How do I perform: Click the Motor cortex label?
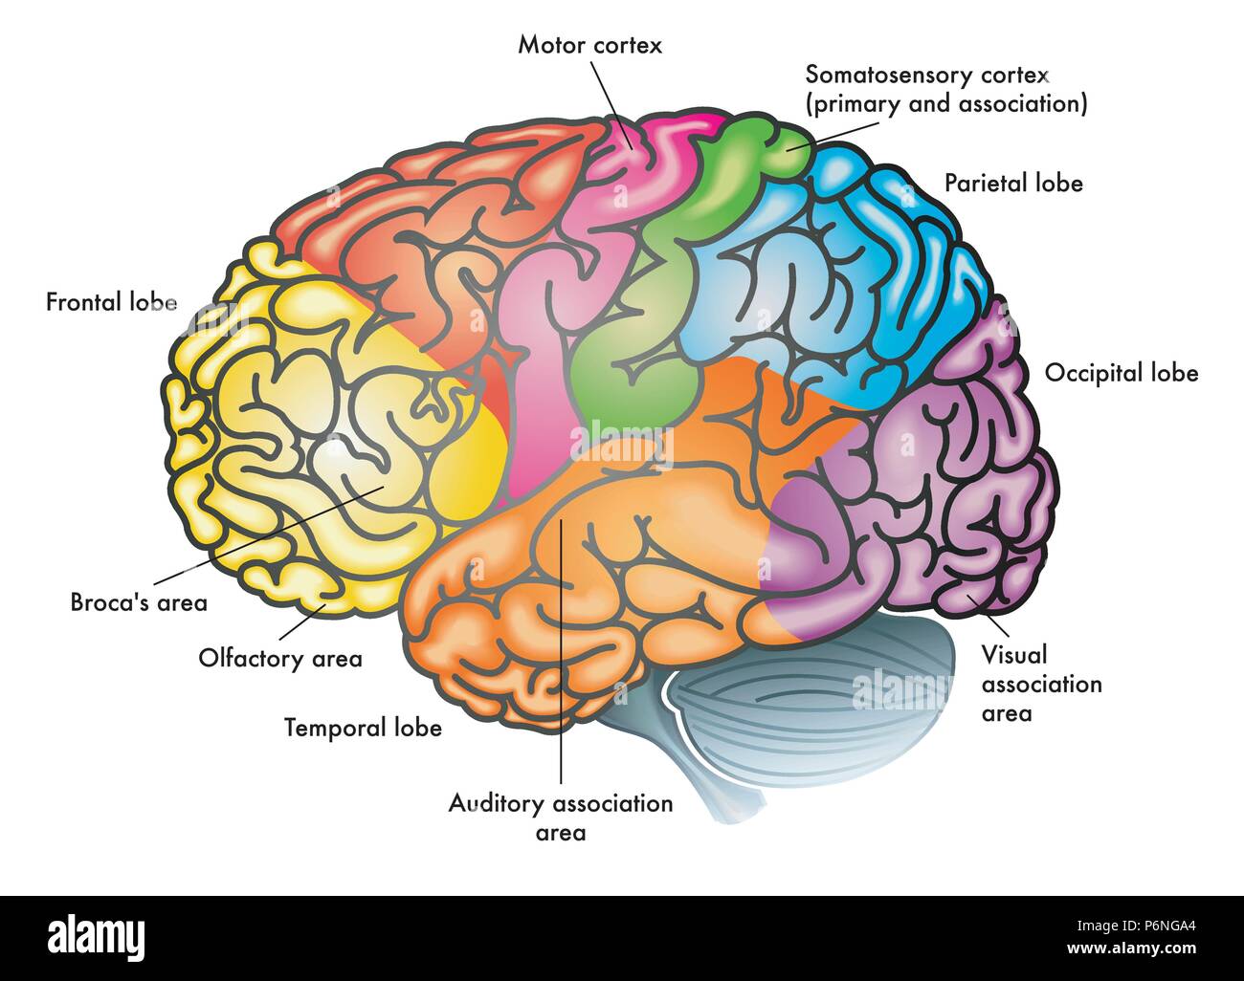click(589, 45)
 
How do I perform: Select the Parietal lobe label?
click(1013, 183)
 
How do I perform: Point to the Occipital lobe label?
click(1121, 372)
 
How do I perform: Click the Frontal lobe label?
click(112, 302)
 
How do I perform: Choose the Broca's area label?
click(139, 602)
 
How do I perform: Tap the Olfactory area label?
click(280, 658)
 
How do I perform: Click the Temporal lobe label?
click(363, 728)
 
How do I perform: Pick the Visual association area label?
click(1041, 684)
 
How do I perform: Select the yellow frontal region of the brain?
click(316, 430)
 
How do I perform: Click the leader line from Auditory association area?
click(562, 669)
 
